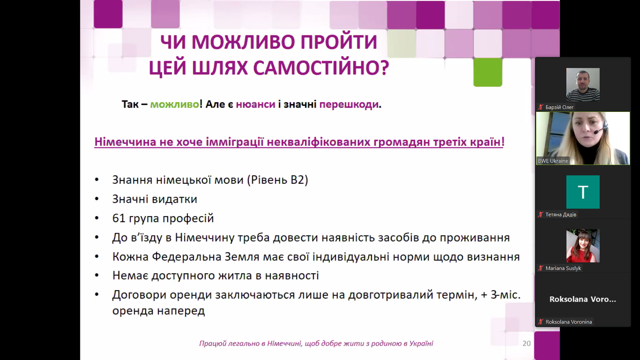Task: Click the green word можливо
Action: coord(174,104)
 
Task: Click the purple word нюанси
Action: coord(256,104)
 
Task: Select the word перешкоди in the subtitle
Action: coord(349,104)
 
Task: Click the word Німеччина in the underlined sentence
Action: coord(125,142)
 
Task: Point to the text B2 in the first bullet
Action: coord(298,180)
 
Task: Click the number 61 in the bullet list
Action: coord(119,218)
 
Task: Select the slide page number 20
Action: coord(526,344)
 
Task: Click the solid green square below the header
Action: coord(488,72)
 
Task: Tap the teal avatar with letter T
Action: coord(583,192)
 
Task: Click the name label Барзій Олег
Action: coord(560,107)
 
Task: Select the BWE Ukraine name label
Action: coord(553,161)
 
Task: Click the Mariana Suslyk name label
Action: coord(563,268)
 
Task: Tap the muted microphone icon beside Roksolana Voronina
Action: coord(540,322)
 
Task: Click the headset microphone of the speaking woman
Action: coord(596,132)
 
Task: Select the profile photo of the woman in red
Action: coord(583,246)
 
